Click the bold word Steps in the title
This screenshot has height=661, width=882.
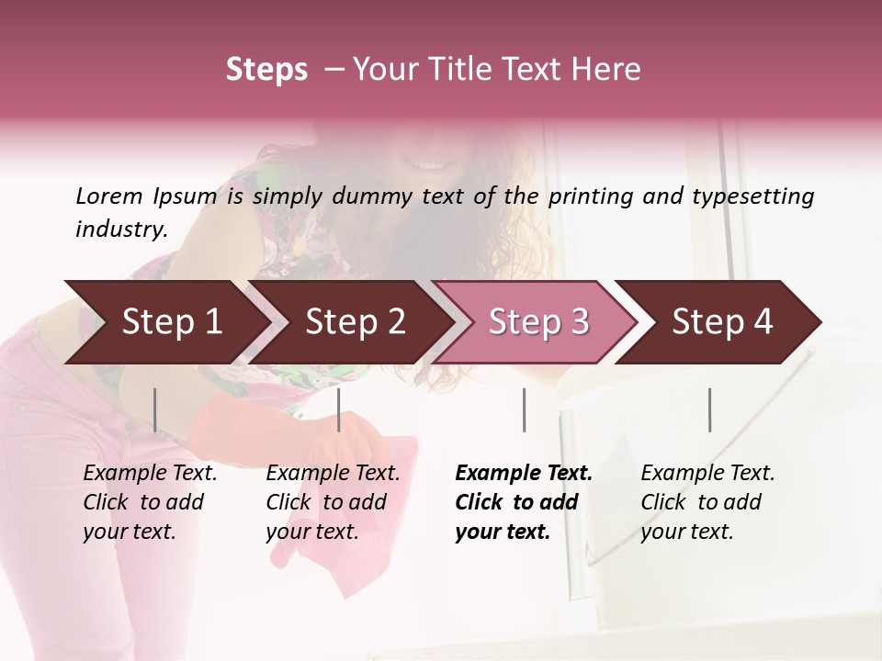coord(266,70)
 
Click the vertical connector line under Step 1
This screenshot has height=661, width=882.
coord(155,409)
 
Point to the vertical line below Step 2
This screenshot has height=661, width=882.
coord(339,409)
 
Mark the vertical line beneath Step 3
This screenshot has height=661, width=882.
coord(525,409)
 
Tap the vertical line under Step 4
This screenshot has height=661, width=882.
coord(709,409)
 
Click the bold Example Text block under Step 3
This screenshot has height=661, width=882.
coord(523,502)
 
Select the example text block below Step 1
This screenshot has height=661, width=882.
coord(150,502)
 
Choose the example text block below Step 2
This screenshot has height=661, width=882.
coord(333,502)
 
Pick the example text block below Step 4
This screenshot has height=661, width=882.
coord(707,502)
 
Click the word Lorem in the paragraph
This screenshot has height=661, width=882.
coord(108,196)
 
